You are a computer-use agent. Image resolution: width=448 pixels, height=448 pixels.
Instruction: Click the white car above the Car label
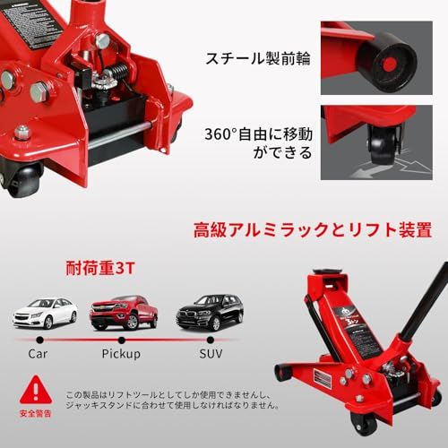tap(45, 313)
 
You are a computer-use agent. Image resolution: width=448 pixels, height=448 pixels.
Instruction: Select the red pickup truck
tap(124, 313)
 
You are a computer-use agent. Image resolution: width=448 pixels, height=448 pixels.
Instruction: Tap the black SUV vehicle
tap(209, 313)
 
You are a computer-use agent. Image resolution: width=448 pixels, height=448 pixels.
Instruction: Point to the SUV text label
tap(210, 354)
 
